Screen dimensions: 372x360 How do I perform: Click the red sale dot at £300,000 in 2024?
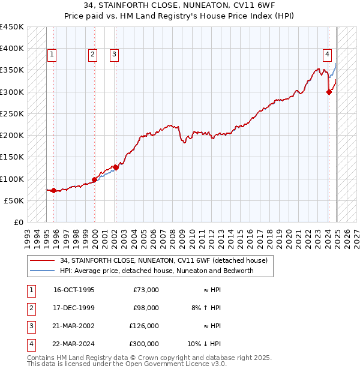click(329, 92)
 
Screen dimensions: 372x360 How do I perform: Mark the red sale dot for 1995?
click(54, 191)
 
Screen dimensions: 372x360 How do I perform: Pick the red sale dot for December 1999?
click(95, 179)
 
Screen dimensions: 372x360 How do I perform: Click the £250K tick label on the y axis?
click(12, 113)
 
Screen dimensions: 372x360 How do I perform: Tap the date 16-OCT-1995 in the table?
click(74, 290)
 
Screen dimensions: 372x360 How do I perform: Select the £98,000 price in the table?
click(146, 308)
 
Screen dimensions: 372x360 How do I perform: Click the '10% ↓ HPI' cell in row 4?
click(205, 344)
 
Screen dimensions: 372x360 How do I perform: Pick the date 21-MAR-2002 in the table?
click(74, 326)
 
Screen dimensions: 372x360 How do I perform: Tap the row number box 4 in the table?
click(31, 344)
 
